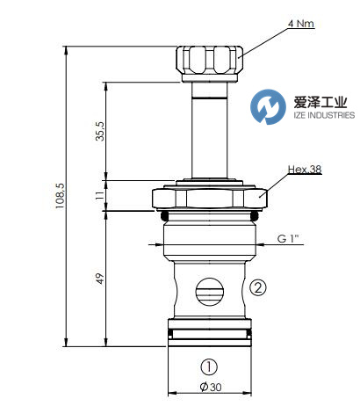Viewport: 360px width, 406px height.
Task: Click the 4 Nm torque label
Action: coord(301,24)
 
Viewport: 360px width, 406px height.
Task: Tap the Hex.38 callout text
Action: coord(305,170)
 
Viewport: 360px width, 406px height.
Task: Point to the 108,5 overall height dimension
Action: coord(60,196)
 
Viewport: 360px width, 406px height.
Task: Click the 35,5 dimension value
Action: coord(100,131)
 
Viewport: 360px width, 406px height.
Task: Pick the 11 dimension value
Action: coord(100,195)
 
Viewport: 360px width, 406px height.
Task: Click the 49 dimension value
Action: coord(100,279)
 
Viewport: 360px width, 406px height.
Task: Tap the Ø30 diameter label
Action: coord(211,387)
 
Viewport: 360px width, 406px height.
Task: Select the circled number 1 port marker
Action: coord(209,367)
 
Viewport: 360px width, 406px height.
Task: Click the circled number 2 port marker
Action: coord(258,287)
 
